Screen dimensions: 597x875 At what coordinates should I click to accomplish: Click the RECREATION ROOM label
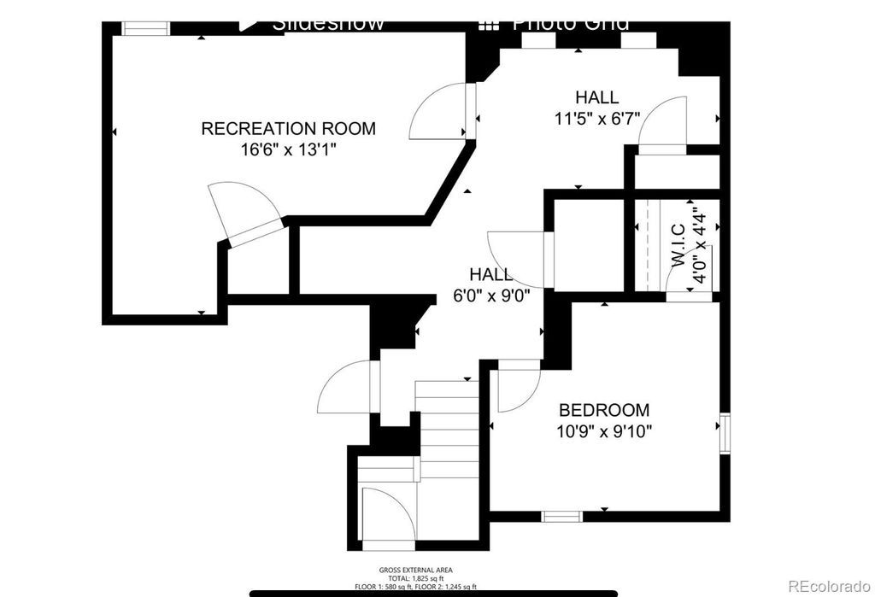[288, 129]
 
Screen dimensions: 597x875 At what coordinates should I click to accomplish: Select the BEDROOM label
[603, 410]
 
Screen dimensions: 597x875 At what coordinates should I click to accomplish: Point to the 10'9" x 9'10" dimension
[603, 430]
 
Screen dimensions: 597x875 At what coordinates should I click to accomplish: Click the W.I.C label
[678, 245]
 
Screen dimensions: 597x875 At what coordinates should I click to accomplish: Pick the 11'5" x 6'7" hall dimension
[596, 118]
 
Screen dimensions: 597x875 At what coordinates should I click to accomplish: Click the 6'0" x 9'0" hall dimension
[491, 296]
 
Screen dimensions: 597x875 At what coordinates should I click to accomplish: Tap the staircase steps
[446, 427]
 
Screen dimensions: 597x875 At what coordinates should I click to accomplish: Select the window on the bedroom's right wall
[725, 433]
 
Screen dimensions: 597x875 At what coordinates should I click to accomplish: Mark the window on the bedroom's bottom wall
[562, 516]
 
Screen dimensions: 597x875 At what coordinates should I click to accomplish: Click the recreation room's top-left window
[145, 29]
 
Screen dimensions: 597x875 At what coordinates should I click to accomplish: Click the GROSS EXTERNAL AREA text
[416, 570]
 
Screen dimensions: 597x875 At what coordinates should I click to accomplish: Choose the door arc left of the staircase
[346, 389]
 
